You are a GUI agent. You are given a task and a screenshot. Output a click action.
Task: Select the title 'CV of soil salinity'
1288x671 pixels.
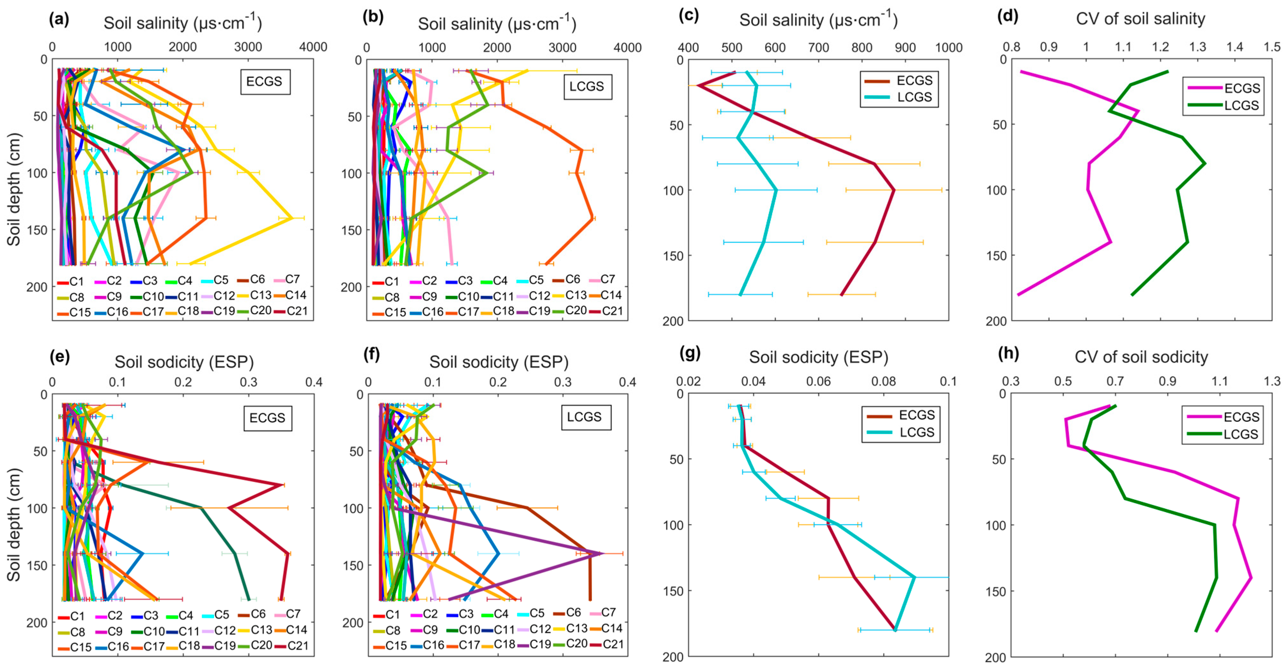[x=1140, y=19]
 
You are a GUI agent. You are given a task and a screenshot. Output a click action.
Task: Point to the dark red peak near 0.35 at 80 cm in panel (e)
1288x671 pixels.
[x=283, y=485]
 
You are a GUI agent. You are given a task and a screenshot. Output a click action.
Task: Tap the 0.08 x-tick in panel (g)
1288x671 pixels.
[x=883, y=381]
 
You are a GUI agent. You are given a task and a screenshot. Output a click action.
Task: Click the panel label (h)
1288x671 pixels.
[x=1008, y=354]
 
